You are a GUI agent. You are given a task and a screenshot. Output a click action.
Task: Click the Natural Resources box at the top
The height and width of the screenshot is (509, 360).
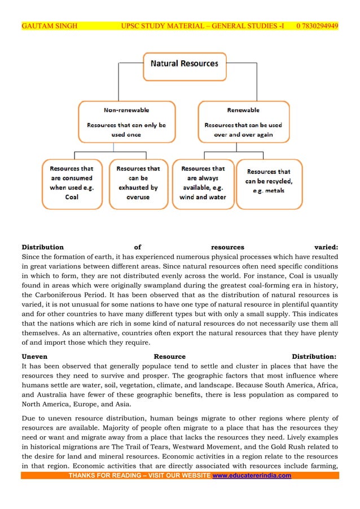point(184,64)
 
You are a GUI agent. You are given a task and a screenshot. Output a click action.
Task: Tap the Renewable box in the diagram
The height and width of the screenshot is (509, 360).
point(243,121)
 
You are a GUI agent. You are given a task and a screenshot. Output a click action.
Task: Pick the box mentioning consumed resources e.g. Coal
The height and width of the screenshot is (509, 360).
point(72,183)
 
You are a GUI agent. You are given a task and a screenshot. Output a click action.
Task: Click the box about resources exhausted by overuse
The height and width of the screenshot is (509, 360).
point(138,183)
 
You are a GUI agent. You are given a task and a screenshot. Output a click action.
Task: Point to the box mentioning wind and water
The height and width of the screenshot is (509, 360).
point(203,183)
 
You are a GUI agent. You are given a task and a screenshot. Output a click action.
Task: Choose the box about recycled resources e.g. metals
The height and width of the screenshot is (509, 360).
point(269,183)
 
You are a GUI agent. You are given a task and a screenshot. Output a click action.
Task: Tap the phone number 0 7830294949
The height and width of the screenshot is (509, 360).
point(317,26)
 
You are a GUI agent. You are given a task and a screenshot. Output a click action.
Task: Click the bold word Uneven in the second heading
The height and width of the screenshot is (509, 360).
point(34,356)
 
